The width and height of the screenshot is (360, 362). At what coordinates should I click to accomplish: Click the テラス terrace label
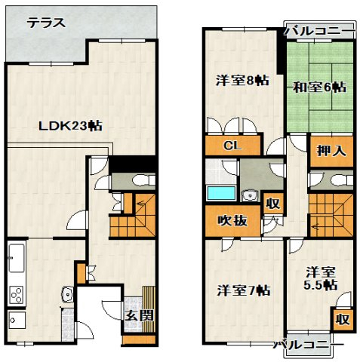point(46,23)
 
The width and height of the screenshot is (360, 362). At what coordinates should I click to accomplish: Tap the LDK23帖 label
point(70,126)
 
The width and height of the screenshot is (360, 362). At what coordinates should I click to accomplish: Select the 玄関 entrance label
point(140,315)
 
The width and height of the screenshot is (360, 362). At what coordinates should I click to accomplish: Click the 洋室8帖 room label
point(242,81)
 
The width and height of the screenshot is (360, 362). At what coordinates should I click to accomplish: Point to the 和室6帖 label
point(320,87)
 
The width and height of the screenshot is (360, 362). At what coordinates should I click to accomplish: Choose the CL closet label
point(232,146)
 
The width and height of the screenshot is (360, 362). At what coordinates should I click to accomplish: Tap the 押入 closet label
point(331,151)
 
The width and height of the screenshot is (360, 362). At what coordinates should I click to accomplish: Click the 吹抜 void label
point(232,221)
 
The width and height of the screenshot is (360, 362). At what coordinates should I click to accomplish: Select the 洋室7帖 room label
point(244,290)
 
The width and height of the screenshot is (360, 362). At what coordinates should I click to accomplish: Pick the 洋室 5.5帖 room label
point(321,278)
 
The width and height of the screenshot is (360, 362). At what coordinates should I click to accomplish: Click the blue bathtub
point(221,193)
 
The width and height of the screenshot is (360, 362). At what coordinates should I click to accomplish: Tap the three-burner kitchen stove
point(17,295)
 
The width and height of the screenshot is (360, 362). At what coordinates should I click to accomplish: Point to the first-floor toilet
point(144,180)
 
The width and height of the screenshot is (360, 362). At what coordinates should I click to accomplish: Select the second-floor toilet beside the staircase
point(342,180)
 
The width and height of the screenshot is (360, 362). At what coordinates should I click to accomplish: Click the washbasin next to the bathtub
point(250,195)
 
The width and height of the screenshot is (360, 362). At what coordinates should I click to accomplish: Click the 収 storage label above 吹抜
point(273,203)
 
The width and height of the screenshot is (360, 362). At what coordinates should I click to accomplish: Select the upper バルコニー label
point(320,31)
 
